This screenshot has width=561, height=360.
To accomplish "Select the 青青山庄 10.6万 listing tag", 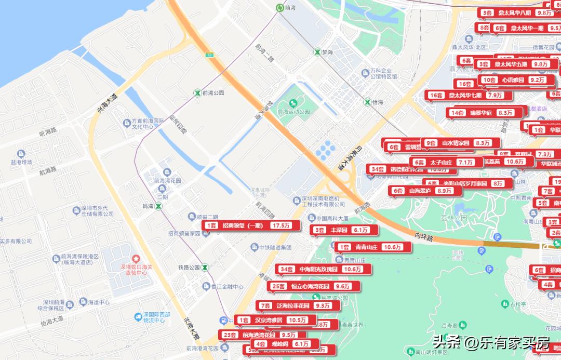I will coord(373,247).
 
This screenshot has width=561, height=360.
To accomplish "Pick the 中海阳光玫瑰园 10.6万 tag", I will coord(324,269).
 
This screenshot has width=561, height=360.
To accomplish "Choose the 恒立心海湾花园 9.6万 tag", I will coord(314,286).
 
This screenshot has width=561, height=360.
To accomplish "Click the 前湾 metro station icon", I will coord(280,7).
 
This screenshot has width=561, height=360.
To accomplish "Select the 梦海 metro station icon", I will coord(317,52).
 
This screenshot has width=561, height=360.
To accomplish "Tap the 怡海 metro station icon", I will coord(367,102).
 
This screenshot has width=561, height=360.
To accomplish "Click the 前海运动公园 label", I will coord(293,112).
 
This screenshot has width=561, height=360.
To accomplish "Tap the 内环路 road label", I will coord(423,238).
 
